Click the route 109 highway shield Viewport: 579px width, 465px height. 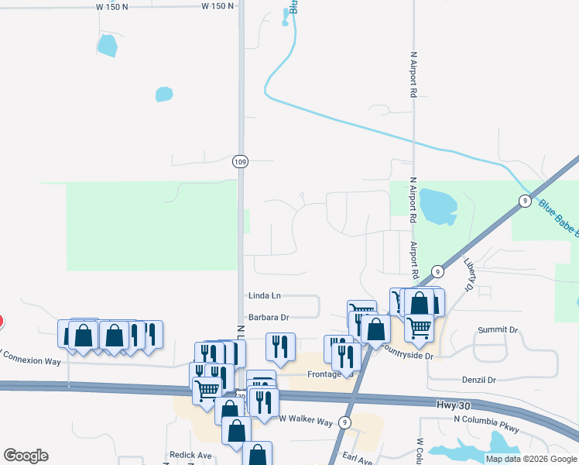coord(240,161)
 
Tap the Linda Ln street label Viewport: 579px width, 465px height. coord(265,296)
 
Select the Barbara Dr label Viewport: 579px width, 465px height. coord(269,317)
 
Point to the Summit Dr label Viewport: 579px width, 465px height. coord(498,330)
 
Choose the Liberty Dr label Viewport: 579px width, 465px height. coord(468,275)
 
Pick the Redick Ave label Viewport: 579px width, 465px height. coord(190,455)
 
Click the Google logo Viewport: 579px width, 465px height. coord(26,456)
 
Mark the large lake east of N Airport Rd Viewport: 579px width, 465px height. coord(437,205)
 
